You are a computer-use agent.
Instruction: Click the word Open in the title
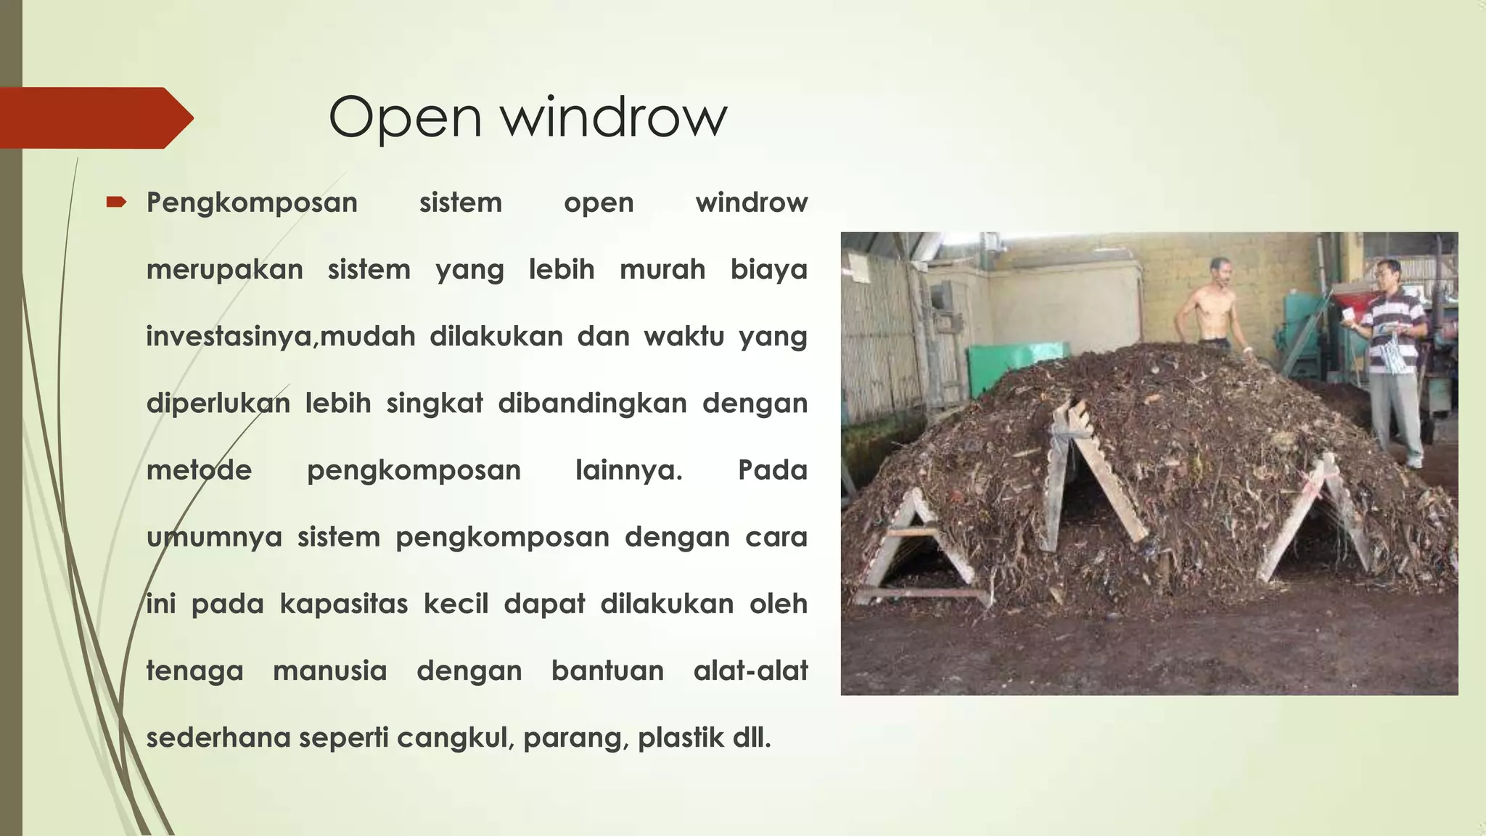point(404,118)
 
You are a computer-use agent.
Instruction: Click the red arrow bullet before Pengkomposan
point(116,202)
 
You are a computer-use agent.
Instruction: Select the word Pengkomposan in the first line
point(252,202)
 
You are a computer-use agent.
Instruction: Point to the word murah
point(662,269)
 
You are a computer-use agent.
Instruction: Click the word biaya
point(768,269)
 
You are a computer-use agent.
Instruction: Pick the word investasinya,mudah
point(280,336)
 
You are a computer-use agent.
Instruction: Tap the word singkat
point(434,403)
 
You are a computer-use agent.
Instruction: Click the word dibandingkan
point(592,403)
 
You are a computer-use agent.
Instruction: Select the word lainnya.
point(628,470)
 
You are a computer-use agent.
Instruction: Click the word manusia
point(329,670)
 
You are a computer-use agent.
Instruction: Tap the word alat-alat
point(750,670)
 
